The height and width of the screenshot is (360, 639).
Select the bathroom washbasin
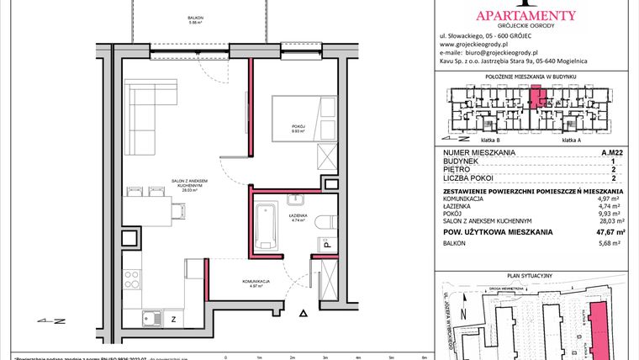pyautogui.click(x=297, y=199)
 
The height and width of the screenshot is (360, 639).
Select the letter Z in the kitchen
pyautogui.click(x=173, y=319)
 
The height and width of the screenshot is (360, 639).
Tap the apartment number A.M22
pyautogui.click(x=612, y=152)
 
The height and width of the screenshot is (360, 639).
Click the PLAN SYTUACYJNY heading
pyautogui.click(x=535, y=275)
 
